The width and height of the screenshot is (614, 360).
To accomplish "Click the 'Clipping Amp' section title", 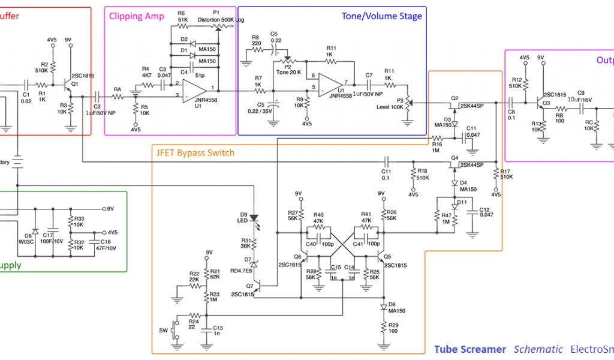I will click(137, 16).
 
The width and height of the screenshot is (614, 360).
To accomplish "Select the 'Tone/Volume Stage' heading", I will click(382, 16).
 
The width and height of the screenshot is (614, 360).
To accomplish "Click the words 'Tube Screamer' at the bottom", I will click(469, 349).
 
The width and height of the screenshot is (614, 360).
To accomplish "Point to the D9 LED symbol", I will click(254, 219).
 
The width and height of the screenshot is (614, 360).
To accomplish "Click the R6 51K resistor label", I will click(182, 16).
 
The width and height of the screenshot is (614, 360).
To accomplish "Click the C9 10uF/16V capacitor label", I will click(580, 95).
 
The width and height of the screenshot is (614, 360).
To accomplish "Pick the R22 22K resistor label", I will click(194, 277).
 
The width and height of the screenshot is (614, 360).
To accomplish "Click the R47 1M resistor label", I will click(446, 218).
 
